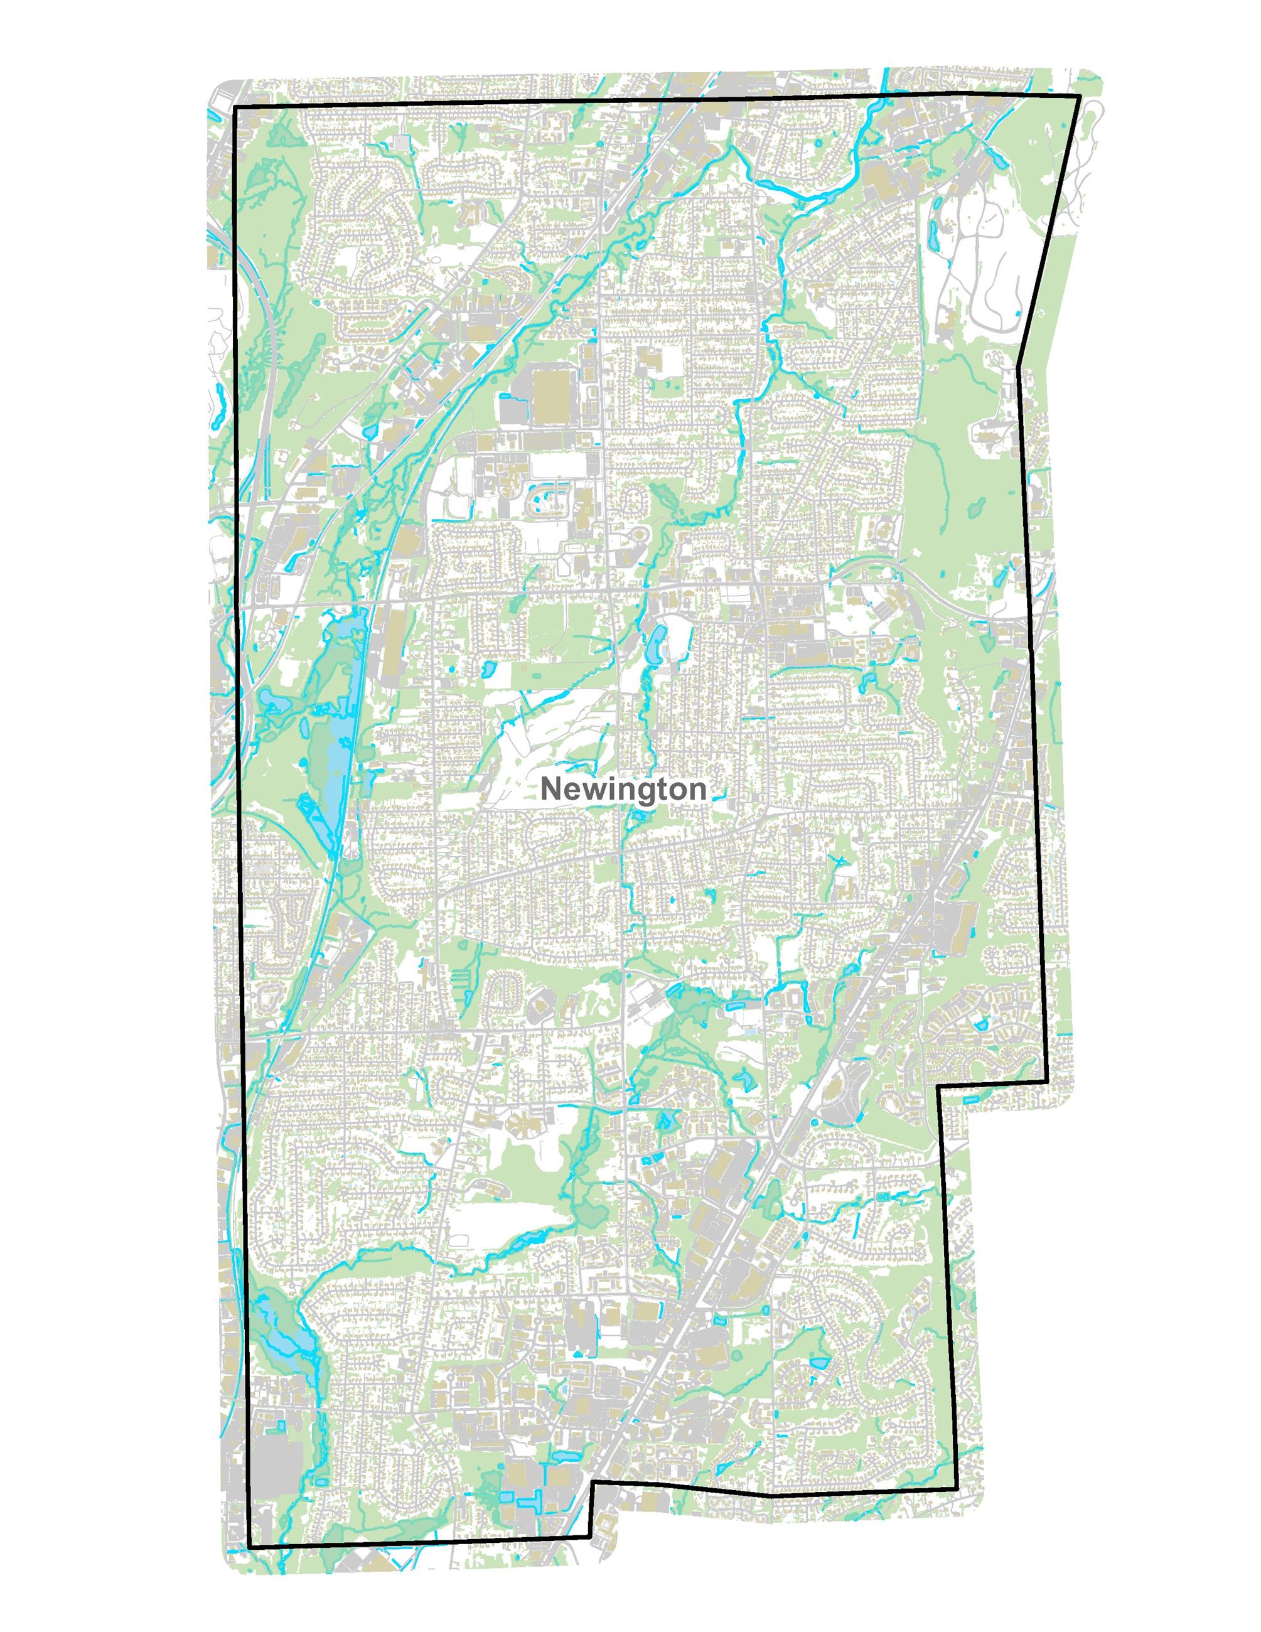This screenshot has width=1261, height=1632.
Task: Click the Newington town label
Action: point(623,790)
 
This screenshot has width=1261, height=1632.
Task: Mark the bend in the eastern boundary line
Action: point(1018,366)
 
